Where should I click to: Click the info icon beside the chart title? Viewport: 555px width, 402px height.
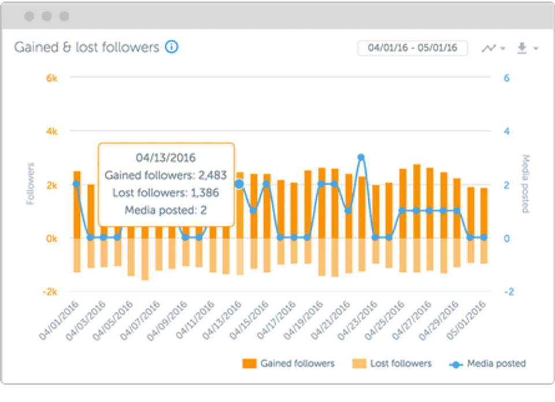click(x=171, y=47)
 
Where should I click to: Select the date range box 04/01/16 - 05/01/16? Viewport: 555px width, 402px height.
click(x=412, y=47)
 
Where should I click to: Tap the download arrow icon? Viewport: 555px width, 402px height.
click(x=522, y=48)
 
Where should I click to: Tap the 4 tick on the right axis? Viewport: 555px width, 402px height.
click(x=506, y=131)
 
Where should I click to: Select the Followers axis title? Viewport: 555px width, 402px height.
click(x=32, y=185)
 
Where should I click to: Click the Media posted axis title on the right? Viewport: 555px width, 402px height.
click(x=526, y=183)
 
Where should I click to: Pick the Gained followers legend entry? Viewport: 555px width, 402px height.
click(x=288, y=364)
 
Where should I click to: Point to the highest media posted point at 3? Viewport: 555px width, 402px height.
click(x=361, y=157)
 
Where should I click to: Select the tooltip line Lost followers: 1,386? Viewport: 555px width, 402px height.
click(x=165, y=193)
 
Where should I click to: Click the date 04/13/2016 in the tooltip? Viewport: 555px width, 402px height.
click(x=165, y=157)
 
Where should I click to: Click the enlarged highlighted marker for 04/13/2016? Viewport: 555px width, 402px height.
click(x=239, y=185)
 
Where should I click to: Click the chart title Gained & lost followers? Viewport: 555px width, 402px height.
click(x=87, y=47)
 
